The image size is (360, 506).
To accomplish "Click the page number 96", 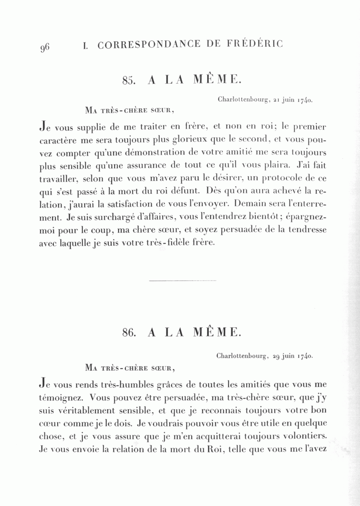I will point(44,47).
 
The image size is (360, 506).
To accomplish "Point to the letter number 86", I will point(130,332).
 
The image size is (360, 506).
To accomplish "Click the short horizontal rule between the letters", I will point(182,281).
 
